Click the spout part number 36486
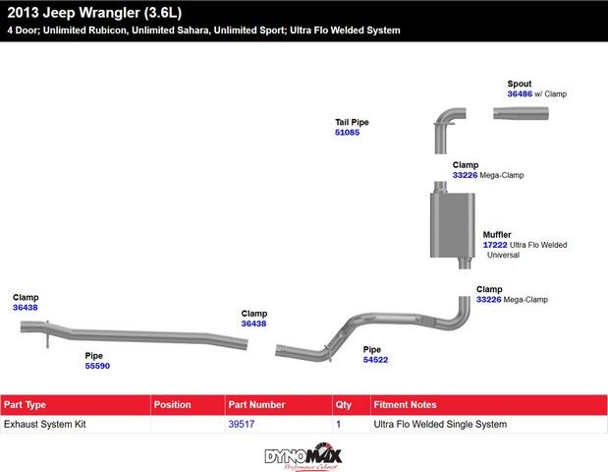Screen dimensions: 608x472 click(520, 94)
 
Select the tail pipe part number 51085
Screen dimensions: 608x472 click(347, 133)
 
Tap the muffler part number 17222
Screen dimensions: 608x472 click(495, 245)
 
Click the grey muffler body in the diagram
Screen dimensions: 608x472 click(452, 225)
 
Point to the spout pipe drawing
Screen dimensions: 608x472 click(521, 113)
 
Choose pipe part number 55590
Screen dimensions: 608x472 click(97, 366)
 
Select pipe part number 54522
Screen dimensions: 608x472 click(375, 360)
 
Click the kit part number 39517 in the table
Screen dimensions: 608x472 click(242, 424)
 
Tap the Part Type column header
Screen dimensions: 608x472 click(25, 405)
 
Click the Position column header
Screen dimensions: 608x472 click(172, 405)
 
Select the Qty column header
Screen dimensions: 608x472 click(343, 405)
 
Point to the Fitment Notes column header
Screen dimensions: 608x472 click(405, 405)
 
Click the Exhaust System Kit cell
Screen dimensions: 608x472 click(45, 424)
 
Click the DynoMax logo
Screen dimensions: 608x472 click(304, 456)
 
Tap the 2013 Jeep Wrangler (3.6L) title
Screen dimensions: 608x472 click(94, 13)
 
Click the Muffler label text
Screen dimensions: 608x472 click(497, 235)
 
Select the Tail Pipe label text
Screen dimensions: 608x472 click(352, 122)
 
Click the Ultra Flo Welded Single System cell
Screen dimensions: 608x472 click(440, 424)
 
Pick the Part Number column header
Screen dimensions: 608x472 click(256, 405)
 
